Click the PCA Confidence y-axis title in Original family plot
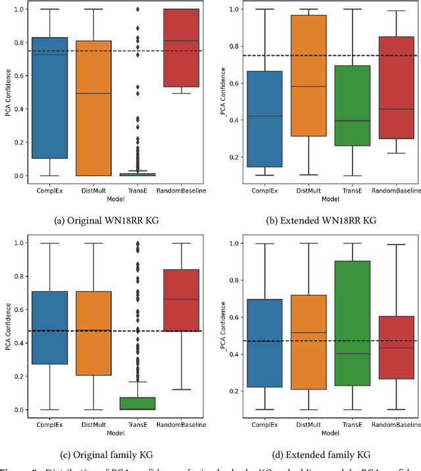click(7, 326)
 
